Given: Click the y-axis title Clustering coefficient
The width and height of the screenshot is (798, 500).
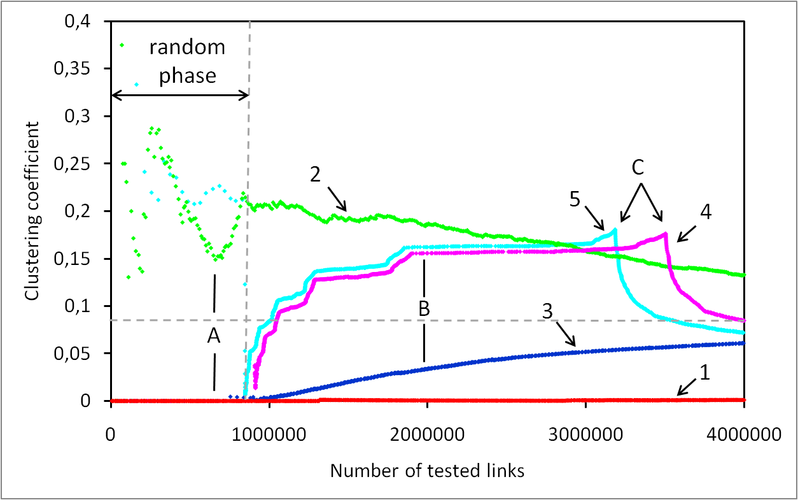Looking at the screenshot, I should pyautogui.click(x=31, y=211).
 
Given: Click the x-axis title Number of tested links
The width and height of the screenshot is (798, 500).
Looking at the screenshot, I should pyautogui.click(x=427, y=471).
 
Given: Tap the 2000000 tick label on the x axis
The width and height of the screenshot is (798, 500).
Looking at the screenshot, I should pyautogui.click(x=427, y=436).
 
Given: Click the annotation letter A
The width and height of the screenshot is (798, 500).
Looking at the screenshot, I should pyautogui.click(x=214, y=337).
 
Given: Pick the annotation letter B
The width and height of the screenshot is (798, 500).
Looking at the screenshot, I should pyautogui.click(x=424, y=309).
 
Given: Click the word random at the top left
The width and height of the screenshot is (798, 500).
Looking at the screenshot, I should pyautogui.click(x=187, y=46).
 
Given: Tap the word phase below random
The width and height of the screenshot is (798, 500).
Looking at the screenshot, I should pyautogui.click(x=187, y=76).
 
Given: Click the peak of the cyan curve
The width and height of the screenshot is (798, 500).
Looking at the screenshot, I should pyautogui.click(x=615, y=229).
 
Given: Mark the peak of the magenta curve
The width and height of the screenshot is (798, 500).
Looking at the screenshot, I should pyautogui.click(x=665, y=233).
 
